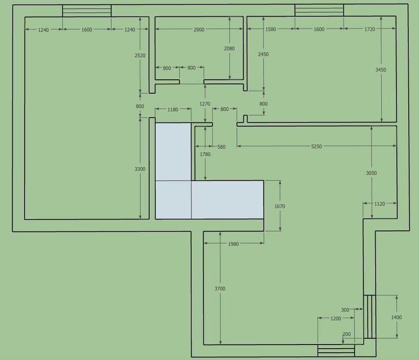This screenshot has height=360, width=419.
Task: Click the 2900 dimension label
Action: (x=199, y=29)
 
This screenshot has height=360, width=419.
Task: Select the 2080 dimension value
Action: (x=229, y=48)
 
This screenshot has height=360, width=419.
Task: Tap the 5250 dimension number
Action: (x=317, y=146)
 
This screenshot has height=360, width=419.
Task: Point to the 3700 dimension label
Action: (x=220, y=288)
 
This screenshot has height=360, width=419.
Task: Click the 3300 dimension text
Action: (x=140, y=169)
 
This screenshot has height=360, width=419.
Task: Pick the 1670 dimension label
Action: (x=280, y=206)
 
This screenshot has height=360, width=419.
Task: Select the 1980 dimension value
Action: (x=233, y=244)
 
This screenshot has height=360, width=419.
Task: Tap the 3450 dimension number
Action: (x=381, y=70)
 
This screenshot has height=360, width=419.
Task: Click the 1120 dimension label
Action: (x=379, y=204)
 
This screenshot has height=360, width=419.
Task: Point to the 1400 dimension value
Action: (x=396, y=317)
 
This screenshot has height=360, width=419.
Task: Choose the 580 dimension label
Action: (x=221, y=147)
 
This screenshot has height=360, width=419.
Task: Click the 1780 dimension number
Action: (x=205, y=154)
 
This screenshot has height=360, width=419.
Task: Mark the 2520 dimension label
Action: (x=140, y=55)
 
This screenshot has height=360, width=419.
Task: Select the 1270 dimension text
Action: (x=205, y=104)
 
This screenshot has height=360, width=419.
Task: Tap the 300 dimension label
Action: (x=345, y=310)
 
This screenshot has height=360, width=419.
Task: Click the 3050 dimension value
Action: (x=372, y=173)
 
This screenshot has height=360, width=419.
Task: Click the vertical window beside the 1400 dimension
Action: (x=370, y=317)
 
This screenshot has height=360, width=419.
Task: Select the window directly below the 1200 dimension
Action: (x=336, y=350)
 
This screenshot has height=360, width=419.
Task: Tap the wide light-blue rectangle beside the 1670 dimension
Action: (x=228, y=200)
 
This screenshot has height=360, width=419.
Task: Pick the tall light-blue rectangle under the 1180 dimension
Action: (x=173, y=152)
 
